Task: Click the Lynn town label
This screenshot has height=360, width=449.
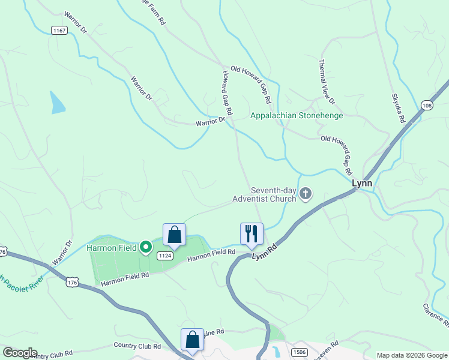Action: pos(361,184)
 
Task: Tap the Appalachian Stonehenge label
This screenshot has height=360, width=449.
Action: pos(297,115)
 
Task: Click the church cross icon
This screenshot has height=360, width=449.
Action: pos(306,193)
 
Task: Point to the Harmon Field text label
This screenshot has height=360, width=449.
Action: pos(113,247)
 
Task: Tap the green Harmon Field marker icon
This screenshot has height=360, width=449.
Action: pos(145,247)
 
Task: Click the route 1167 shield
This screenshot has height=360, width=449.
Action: pos(59,31)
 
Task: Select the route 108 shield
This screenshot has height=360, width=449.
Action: pos(427,106)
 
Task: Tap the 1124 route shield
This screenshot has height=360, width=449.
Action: pos(165,256)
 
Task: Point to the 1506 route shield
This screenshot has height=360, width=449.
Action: pos(299,352)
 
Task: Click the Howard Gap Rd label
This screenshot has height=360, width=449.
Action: pos(225,93)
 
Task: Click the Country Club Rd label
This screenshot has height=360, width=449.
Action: pos(137,346)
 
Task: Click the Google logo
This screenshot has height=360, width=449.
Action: pos(20,353)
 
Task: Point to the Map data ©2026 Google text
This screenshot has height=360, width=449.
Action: pos(412,355)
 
